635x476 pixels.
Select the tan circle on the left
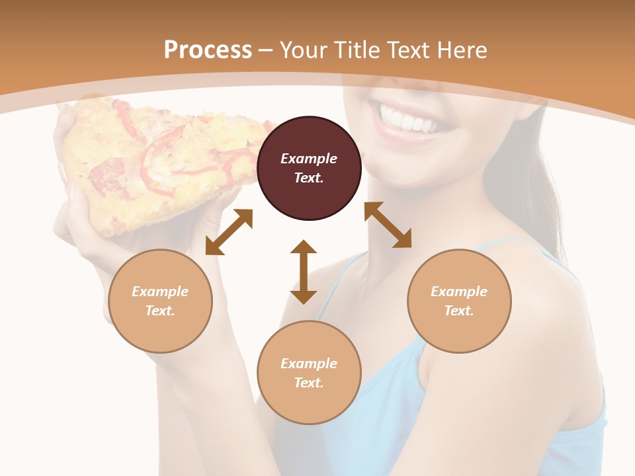[x=160, y=301]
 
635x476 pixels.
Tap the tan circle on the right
[x=459, y=301]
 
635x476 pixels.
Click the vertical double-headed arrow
[x=304, y=272]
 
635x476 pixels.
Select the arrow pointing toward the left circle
[x=229, y=231]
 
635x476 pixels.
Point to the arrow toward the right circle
[x=388, y=225]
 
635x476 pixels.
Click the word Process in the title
[x=208, y=50]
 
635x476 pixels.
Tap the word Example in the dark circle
[x=309, y=159]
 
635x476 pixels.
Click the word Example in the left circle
[x=160, y=292]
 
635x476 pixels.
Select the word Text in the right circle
[x=459, y=311]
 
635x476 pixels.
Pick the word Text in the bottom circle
[x=309, y=383]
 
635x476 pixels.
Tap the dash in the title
[x=266, y=50]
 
